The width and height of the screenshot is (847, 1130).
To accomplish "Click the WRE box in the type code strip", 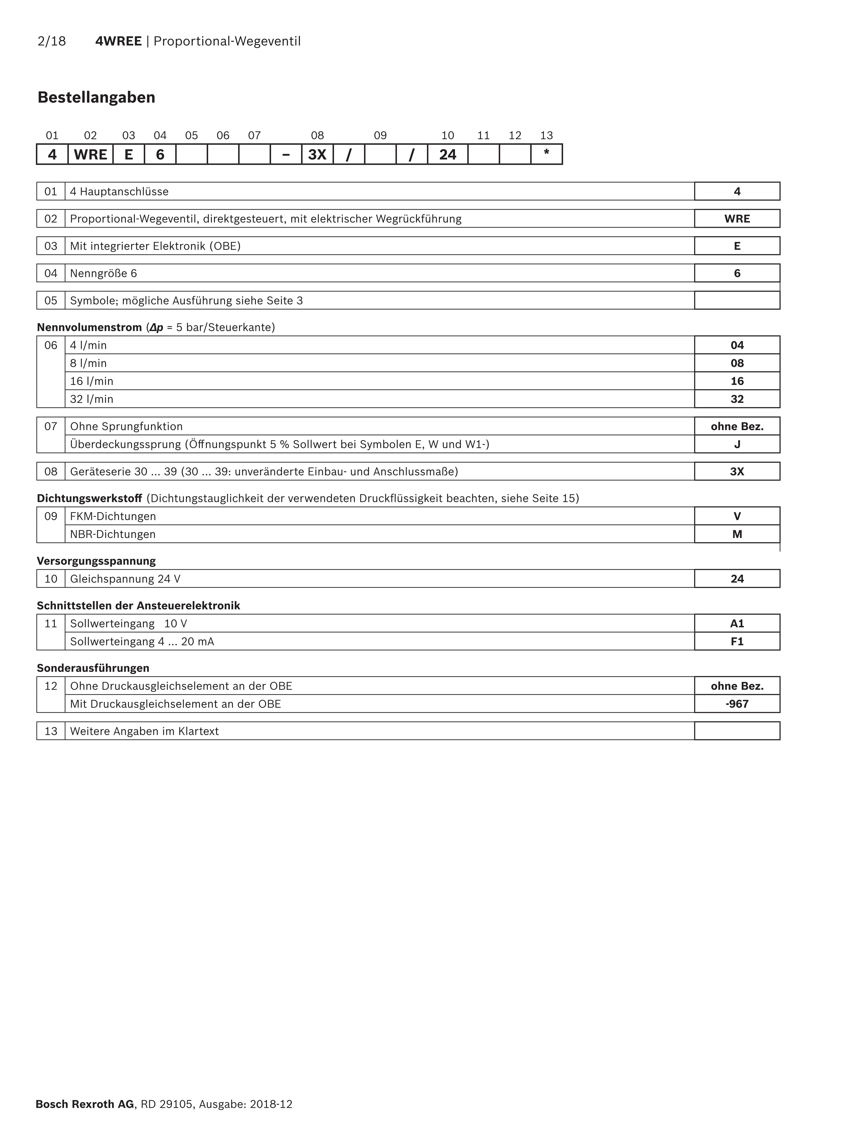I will (90, 154).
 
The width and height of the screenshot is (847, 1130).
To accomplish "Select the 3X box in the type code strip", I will (317, 154).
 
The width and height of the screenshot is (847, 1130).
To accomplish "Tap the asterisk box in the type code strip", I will (546, 154).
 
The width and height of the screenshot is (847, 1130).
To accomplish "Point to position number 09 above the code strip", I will (380, 135).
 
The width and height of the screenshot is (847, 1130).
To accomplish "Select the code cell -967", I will (737, 704).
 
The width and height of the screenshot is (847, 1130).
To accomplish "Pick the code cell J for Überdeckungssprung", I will (737, 444).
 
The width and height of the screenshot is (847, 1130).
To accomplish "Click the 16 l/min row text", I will (92, 381).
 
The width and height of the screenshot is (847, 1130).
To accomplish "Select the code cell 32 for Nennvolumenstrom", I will (737, 399).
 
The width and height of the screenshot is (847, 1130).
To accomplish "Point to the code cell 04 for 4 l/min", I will (737, 345).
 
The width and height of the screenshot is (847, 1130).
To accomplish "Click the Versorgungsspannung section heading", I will (96, 561).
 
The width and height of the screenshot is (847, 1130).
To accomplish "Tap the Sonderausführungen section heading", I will (93, 668).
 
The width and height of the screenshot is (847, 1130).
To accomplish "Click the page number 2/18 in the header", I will (52, 41).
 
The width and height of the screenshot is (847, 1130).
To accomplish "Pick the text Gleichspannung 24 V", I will (125, 579).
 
